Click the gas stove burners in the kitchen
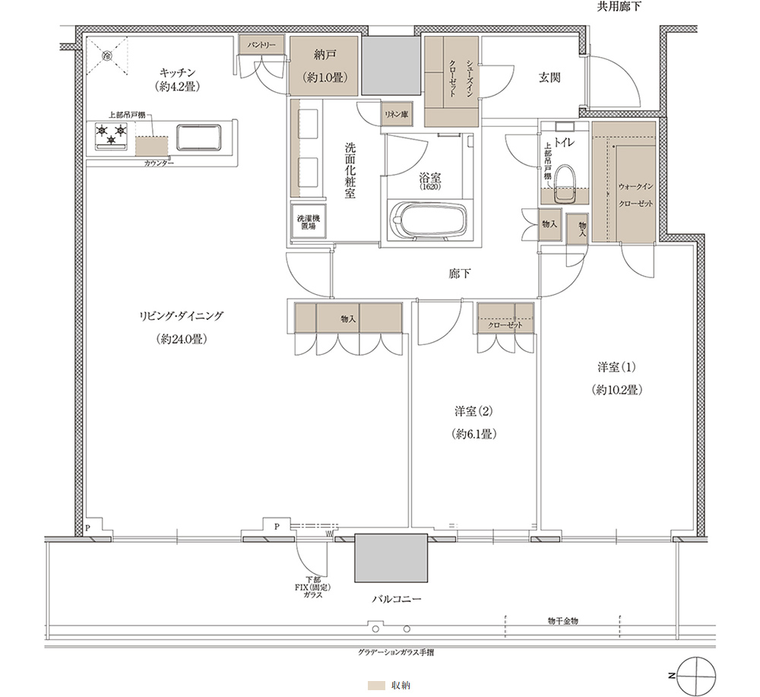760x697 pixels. [x=112, y=135]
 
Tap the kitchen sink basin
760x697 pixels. [x=198, y=138]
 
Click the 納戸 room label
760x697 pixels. [x=325, y=55]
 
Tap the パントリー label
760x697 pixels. [x=261, y=45]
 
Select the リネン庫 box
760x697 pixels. [x=396, y=114]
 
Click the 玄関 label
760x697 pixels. [x=549, y=77]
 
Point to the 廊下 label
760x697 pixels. [x=459, y=274]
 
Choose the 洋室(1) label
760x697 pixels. [x=616, y=367]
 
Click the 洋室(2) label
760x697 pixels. [x=473, y=411]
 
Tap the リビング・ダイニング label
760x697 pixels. [x=182, y=316]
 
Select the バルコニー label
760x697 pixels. [x=397, y=599]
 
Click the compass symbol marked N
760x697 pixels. [x=696, y=676]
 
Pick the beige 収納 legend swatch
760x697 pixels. [x=376, y=686]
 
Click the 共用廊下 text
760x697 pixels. [x=618, y=8]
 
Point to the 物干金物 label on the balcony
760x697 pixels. [x=562, y=621]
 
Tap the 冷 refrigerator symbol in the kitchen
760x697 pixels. [x=107, y=55]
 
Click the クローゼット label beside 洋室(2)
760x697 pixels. [x=505, y=325]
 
